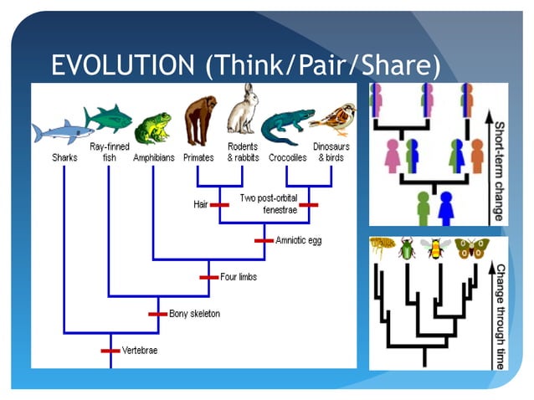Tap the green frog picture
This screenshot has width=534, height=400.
[x=153, y=128]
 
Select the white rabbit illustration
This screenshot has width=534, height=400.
[x=243, y=110]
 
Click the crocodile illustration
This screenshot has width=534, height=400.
[x=285, y=126]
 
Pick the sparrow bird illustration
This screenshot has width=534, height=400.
[x=331, y=120]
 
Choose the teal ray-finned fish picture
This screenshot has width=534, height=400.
[x=108, y=117]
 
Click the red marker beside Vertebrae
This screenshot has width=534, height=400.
[x=111, y=350]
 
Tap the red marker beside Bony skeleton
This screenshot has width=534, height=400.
[x=158, y=314]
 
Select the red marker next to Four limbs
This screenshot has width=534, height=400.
[x=208, y=277]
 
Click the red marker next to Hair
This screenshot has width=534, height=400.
[x=219, y=203]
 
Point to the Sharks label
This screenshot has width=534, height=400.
[x=64, y=156]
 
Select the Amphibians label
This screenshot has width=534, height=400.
[x=153, y=156]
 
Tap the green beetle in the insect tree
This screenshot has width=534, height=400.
[x=408, y=249]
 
